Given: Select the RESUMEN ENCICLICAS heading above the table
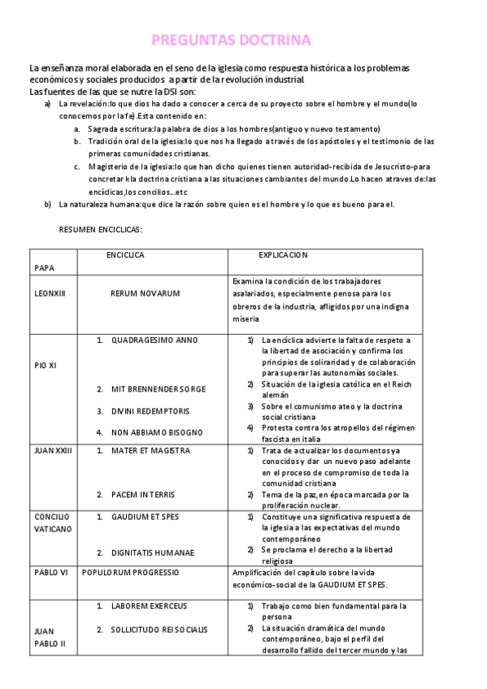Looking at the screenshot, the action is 101,231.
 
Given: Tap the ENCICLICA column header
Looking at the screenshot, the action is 125,255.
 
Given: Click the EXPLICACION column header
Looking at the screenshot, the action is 283,255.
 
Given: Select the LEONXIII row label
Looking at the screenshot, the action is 51,292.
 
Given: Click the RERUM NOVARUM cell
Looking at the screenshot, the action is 145,292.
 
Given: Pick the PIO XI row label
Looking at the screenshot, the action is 46,366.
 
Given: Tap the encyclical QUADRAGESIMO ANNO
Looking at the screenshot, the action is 154,340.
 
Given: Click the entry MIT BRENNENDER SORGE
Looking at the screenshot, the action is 158,389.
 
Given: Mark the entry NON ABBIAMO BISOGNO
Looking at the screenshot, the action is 156,431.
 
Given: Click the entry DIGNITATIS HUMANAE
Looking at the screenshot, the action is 153,552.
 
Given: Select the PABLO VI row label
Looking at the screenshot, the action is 50,573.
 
